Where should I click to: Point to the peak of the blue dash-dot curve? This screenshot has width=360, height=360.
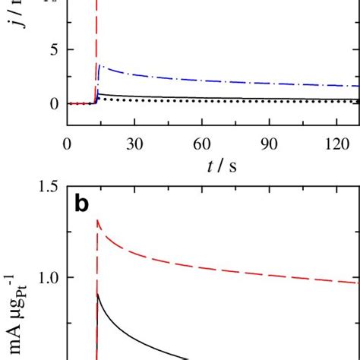(100, 66)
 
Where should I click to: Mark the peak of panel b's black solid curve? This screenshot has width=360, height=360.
(98, 294)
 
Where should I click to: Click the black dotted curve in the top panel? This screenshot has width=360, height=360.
(228, 100)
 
